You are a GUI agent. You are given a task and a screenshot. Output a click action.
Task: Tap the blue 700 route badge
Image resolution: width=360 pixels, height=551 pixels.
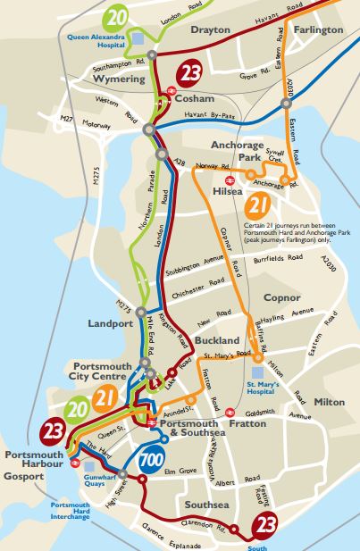pyautogui.click(x=155, y=463)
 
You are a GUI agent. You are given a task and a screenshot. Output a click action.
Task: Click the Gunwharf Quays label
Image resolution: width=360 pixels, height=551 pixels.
pyautogui.click(x=102, y=472)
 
